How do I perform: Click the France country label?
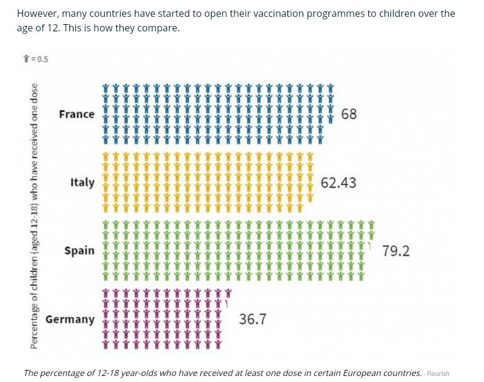[x=77, y=114]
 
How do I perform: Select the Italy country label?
[x=83, y=182]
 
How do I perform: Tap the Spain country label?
[x=80, y=250]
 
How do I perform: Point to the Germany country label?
[x=70, y=319]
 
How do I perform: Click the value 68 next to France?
[x=348, y=114]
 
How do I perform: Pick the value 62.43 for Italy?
[x=338, y=182]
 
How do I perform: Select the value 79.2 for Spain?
[x=396, y=250]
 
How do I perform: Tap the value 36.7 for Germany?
[x=253, y=319]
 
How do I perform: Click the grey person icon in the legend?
[x=26, y=59]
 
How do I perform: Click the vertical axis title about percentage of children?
[x=34, y=215]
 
